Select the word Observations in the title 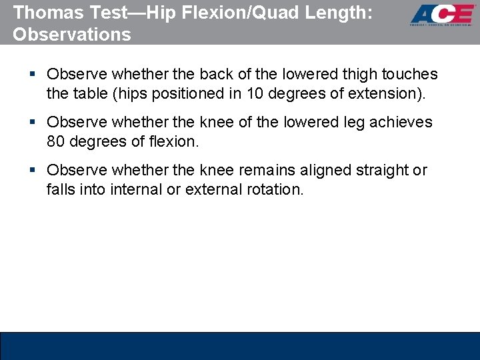[x=72, y=34]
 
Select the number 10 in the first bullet [x=255, y=93]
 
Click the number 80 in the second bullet [x=56, y=141]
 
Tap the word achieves [x=401, y=123]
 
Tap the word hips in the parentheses [x=124, y=93]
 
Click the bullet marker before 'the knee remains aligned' [x=33, y=171]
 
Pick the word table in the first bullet [x=85, y=93]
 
